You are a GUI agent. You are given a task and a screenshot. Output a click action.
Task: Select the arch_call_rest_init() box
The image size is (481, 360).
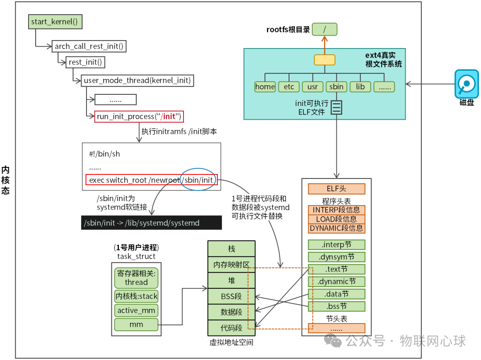coord(89,46)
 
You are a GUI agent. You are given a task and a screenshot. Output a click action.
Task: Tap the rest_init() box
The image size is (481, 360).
coord(85,62)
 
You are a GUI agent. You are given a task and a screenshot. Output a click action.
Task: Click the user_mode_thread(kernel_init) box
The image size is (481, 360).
coord(138,81)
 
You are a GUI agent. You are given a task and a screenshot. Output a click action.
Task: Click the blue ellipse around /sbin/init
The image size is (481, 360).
coord(198,179)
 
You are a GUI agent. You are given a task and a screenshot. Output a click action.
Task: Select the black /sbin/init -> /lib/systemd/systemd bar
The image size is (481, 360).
coord(151,223)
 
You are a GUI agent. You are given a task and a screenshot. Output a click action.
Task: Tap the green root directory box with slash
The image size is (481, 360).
coord(324,30)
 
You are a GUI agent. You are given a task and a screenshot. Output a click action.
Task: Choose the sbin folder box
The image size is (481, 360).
coord(336,87)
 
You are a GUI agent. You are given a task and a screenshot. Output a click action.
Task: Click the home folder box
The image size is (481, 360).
coord(265,87)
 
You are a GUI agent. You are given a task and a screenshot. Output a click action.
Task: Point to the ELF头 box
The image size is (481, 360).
coord(336,189)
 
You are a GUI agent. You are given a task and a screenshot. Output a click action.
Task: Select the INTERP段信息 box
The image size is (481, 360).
coord(336,210)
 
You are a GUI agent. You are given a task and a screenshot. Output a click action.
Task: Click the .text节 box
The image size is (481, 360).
coord(336,269)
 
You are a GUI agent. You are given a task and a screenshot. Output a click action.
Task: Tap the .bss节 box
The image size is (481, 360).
coord(336,306)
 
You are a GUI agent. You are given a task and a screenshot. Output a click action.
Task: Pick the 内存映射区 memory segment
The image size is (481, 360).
coord(231,265)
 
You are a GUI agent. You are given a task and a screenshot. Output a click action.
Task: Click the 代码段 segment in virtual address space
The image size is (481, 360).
coord(231,328)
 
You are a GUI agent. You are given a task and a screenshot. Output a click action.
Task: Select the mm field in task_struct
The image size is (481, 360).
coord(136,324)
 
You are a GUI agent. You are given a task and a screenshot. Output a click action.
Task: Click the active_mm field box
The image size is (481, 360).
coord(136,310)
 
